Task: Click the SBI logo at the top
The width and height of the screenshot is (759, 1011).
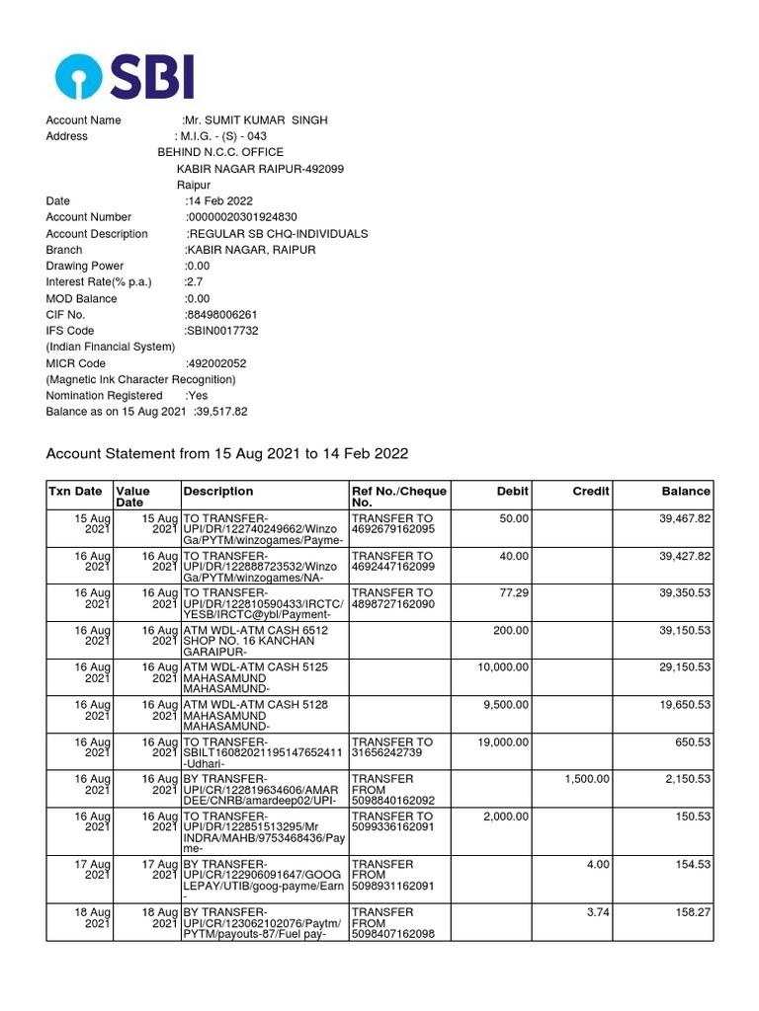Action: pos(125,75)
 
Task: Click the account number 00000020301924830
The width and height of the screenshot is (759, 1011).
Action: pos(242,217)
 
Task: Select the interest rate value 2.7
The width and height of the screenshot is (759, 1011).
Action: pos(194,282)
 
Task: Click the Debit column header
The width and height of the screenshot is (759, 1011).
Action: pos(511,491)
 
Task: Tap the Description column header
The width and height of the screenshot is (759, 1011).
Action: pos(218,491)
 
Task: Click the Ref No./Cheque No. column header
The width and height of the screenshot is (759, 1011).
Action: pos(399,497)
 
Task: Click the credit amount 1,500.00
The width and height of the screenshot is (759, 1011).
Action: pos(587,779)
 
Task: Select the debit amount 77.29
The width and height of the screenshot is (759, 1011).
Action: pos(513,593)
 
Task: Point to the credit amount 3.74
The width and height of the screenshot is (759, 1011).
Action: pos(598,913)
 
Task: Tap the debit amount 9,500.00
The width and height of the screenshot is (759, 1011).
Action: pos(503,704)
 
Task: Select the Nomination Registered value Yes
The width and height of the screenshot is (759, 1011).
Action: pos(197,396)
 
